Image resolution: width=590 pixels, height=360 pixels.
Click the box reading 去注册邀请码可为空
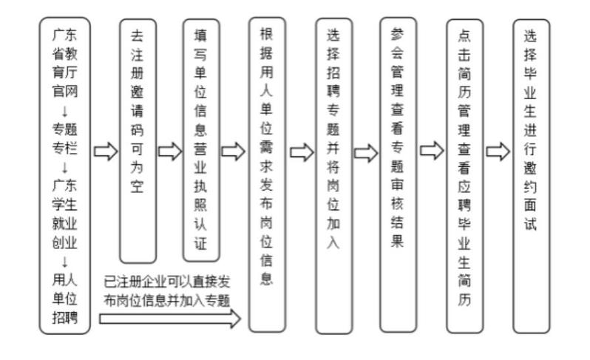138,140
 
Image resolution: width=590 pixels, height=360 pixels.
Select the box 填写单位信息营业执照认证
201,140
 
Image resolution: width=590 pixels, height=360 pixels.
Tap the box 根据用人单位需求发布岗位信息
267,174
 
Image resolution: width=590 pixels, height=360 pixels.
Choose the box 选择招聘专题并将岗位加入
333,174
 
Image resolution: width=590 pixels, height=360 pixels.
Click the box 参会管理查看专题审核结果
398,174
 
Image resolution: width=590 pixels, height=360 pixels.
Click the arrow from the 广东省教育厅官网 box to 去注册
106,152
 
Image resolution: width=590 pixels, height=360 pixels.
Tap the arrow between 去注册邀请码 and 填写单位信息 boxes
169,152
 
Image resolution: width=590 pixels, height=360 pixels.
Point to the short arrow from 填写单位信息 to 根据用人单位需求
233,152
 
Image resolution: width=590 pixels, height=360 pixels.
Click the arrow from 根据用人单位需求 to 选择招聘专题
301,152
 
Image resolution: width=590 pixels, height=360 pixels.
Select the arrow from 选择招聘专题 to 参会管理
365,152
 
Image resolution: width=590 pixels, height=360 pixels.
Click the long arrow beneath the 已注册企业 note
170,319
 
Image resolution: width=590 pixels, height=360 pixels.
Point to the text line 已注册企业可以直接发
166,282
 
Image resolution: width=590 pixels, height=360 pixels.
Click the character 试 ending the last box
531,223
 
